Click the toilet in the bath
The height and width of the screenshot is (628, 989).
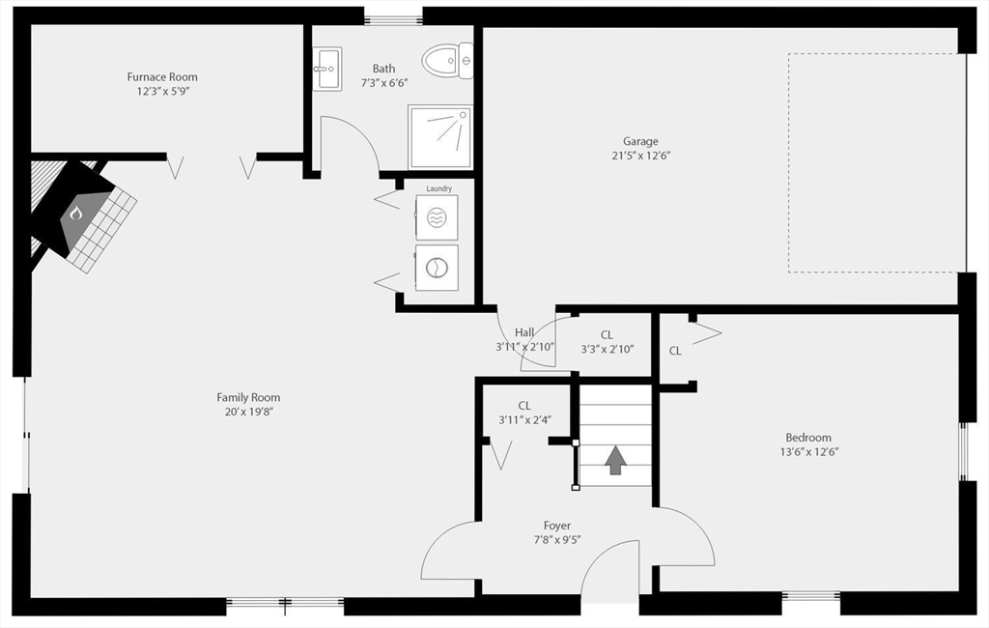(447, 61)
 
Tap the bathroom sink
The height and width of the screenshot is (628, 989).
(326, 69)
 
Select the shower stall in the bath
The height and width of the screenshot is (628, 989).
(440, 137)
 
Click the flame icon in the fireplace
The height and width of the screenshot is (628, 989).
(75, 214)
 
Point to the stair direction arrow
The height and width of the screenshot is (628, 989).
(615, 460)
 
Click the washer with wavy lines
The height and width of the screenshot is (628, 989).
(437, 217)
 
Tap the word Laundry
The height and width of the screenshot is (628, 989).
(439, 188)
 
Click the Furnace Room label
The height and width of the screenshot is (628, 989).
(162, 77)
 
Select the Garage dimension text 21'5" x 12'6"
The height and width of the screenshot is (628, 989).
(641, 156)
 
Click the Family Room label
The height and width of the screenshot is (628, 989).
(248, 398)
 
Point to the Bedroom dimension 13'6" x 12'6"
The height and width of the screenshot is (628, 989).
(808, 452)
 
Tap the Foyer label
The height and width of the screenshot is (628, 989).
(557, 526)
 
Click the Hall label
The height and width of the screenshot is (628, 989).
(524, 332)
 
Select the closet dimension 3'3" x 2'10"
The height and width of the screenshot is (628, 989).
(608, 349)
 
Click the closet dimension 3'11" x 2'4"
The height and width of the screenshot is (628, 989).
(525, 419)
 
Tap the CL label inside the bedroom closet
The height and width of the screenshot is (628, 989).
(675, 351)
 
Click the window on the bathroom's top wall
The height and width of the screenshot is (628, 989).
(393, 18)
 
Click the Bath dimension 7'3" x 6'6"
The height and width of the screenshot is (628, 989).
(384, 83)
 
